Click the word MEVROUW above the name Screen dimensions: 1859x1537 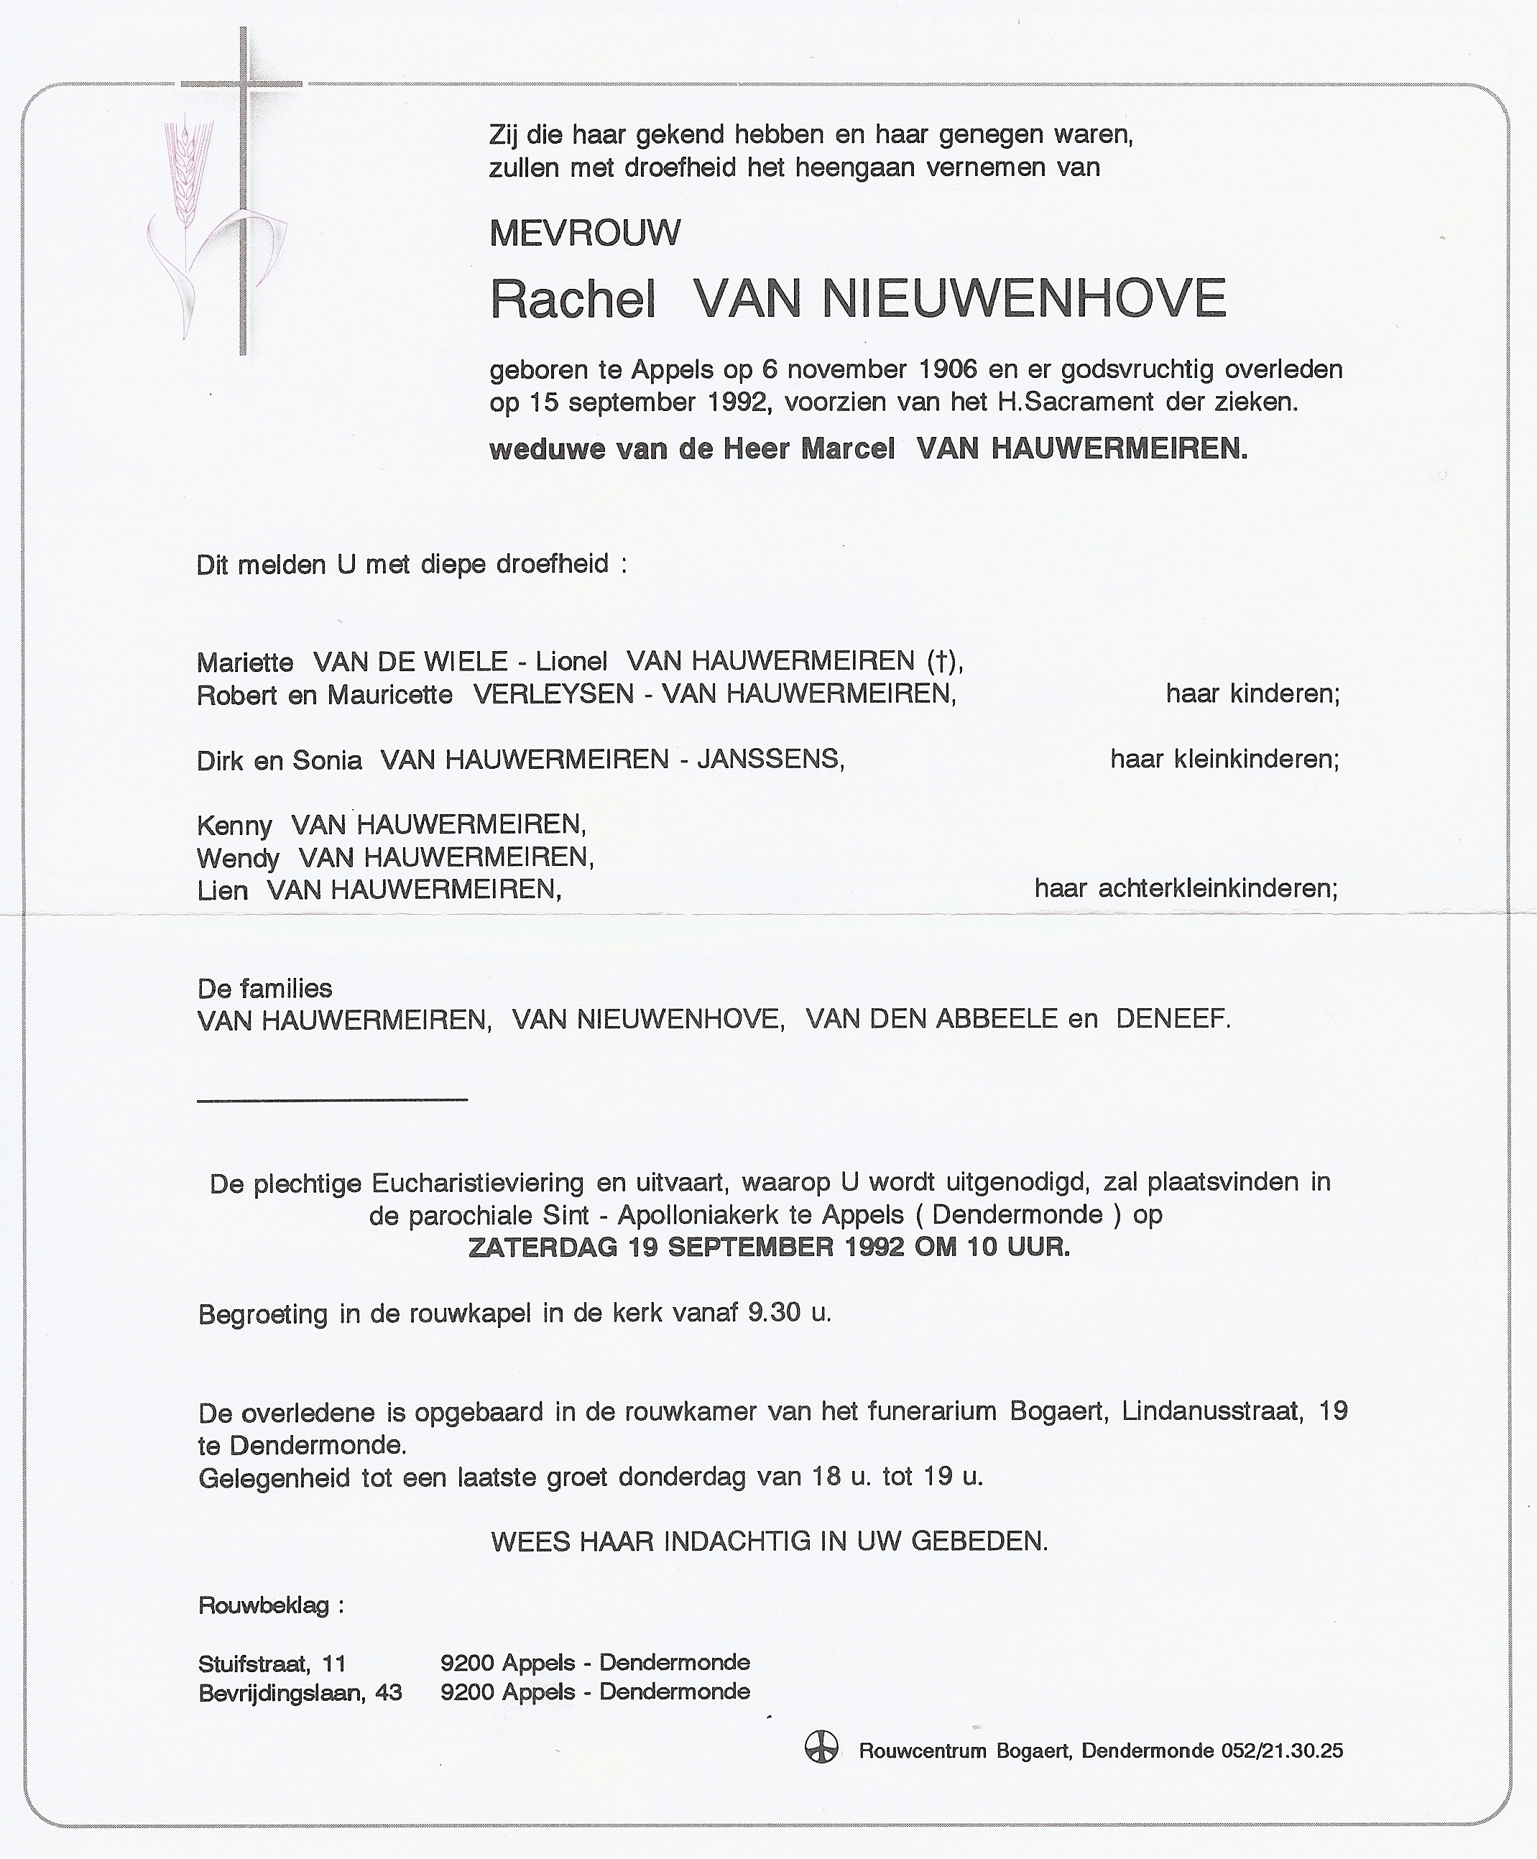pyautogui.click(x=584, y=233)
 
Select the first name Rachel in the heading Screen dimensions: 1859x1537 pyautogui.click(x=572, y=299)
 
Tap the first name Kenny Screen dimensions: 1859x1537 pyautogui.click(x=234, y=825)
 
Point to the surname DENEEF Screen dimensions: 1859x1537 pyautogui.click(x=1171, y=1019)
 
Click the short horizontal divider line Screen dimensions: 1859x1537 pyautogui.click(x=332, y=1099)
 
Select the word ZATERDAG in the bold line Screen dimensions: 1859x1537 pyautogui.click(x=544, y=1247)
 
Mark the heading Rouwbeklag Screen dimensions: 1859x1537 pyautogui.click(x=264, y=1605)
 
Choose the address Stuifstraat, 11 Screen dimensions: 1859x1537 pyautogui.click(x=272, y=1664)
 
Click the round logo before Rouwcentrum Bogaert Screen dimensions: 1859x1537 pyautogui.click(x=821, y=1749)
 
